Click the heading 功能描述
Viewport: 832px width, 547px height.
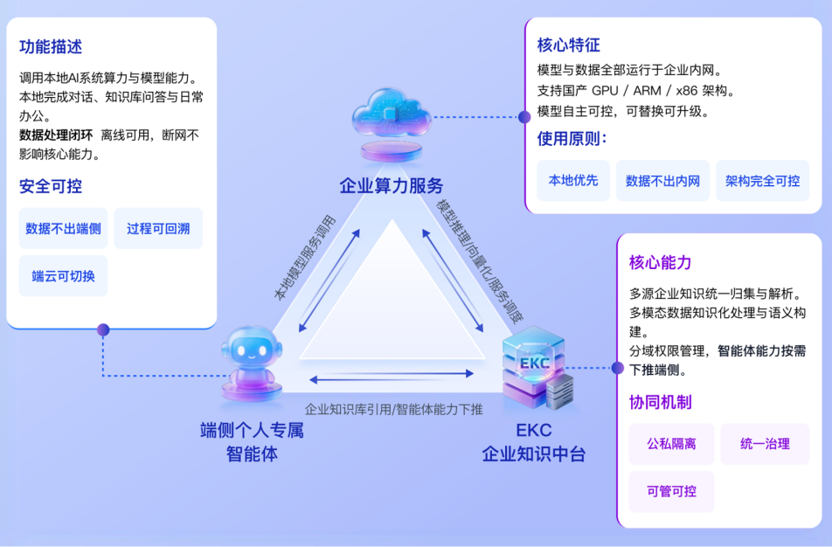tap(51, 47)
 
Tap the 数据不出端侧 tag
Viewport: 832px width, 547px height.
tap(63, 229)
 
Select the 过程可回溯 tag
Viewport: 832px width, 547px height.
tap(158, 229)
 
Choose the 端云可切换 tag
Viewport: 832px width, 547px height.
tap(63, 276)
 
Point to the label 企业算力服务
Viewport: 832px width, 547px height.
tap(392, 185)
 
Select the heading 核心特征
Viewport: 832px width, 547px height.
tap(569, 45)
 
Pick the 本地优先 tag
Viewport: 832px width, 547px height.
tap(573, 181)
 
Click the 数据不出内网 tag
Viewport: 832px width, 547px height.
tap(662, 181)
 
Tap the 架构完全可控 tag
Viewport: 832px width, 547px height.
tap(762, 181)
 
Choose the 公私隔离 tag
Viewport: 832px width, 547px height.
tap(671, 444)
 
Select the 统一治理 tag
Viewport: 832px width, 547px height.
tap(765, 444)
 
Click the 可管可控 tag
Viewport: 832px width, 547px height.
tap(671, 491)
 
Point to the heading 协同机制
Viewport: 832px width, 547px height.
tap(661, 402)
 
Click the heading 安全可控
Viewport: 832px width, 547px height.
tap(51, 186)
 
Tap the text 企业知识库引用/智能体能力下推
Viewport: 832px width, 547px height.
tap(393, 408)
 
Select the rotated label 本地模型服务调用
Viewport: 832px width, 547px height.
tap(303, 257)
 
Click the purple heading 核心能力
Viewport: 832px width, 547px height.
tap(661, 262)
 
